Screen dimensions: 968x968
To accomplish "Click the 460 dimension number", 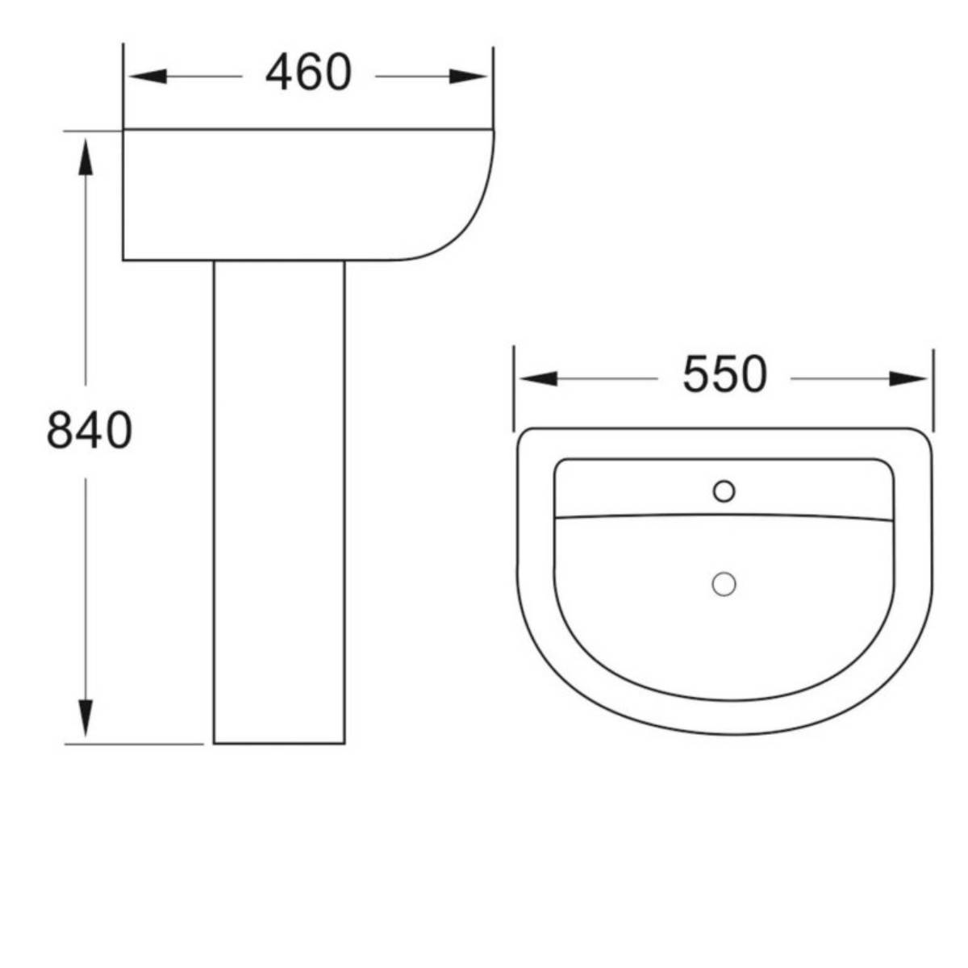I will point(308,73).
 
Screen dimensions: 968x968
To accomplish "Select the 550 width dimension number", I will point(724,375).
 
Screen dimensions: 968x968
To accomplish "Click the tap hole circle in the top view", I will point(724,490).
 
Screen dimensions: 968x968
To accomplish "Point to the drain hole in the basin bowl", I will point(724,584).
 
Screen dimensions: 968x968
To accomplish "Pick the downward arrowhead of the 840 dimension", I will point(85,718).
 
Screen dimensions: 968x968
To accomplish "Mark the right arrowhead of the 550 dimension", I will point(909,378).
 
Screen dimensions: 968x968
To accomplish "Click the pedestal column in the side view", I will point(279,500).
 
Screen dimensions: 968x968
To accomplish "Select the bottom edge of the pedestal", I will point(279,743).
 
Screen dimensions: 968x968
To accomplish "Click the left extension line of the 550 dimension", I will point(514,387).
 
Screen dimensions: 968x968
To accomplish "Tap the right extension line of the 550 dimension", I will point(933,387).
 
